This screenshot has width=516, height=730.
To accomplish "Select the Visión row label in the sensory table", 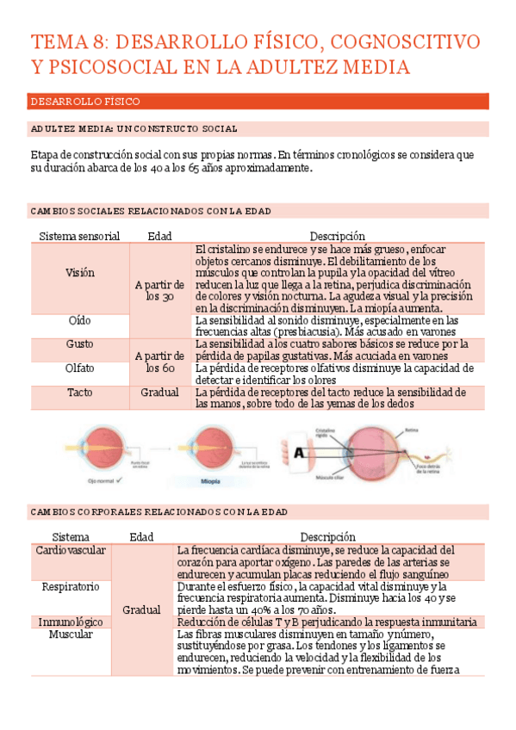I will pyautogui.click(x=80, y=272).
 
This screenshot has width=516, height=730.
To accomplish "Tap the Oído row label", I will pyautogui.click(x=80, y=319).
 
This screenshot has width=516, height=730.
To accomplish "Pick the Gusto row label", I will pyautogui.click(x=80, y=343).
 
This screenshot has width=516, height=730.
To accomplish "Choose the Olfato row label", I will pyautogui.click(x=80, y=368).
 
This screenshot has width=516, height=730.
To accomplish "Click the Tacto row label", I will pyautogui.click(x=80, y=392).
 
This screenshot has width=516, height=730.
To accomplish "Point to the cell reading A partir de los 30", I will pyautogui.click(x=159, y=290).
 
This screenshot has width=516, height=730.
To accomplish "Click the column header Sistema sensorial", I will pyautogui.click(x=80, y=236).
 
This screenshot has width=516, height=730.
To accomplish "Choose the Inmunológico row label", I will pyautogui.click(x=71, y=622).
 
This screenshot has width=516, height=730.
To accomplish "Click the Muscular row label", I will pyautogui.click(x=71, y=634).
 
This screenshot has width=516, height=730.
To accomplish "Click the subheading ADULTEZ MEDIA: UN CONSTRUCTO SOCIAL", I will pyautogui.click(x=134, y=128).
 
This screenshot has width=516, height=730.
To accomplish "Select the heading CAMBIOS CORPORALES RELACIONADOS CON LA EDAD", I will pyautogui.click(x=159, y=511).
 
